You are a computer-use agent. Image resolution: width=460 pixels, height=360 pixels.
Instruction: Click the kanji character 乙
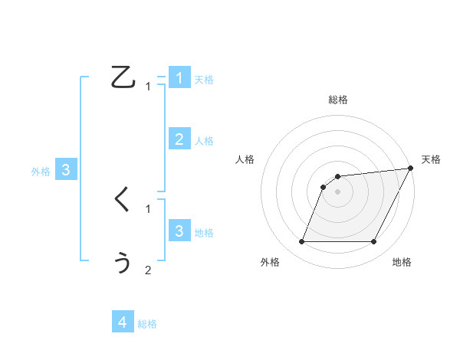(x=123, y=77)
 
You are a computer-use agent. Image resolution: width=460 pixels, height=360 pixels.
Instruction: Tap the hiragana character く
(x=123, y=200)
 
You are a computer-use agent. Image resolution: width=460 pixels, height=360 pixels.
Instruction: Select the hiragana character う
(x=123, y=262)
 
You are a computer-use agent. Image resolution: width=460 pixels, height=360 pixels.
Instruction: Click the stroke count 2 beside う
(x=148, y=270)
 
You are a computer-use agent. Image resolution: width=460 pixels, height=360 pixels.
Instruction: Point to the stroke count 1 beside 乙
(x=148, y=87)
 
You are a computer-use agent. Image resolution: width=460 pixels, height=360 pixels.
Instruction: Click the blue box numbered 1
(x=179, y=77)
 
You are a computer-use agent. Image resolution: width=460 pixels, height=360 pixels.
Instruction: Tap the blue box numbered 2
(x=179, y=139)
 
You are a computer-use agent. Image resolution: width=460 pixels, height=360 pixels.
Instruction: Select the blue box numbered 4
(x=123, y=322)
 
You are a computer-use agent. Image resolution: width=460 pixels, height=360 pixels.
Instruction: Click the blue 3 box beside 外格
(x=66, y=170)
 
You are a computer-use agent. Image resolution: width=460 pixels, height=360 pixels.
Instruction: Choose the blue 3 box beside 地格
(x=179, y=231)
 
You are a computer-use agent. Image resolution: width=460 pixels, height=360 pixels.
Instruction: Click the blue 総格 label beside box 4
(x=147, y=324)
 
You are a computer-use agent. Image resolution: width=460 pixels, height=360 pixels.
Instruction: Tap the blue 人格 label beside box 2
(x=204, y=141)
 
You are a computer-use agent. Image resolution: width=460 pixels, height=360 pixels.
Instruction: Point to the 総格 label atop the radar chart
(x=337, y=100)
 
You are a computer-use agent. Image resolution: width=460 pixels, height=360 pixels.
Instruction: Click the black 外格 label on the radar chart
(x=270, y=263)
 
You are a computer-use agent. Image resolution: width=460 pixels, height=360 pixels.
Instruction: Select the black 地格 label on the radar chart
(x=402, y=263)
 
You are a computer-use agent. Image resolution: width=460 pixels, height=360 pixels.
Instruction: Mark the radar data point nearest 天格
(x=411, y=169)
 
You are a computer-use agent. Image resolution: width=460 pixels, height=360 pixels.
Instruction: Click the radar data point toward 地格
(x=374, y=242)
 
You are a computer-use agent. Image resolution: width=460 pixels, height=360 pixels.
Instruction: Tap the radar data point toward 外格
(x=301, y=242)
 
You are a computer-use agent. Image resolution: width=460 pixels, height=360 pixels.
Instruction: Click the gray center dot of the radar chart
(x=337, y=191)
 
